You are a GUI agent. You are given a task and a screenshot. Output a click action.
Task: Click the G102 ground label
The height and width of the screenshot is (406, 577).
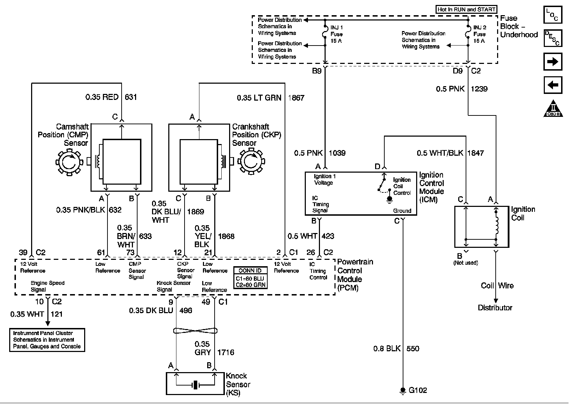click(418, 390)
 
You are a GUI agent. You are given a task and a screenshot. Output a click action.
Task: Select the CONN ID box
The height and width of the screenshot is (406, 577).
click(250, 277)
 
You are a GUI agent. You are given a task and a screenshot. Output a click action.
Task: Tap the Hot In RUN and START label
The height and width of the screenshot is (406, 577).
click(466, 10)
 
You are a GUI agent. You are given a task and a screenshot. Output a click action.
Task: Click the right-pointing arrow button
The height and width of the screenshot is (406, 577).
click(553, 62)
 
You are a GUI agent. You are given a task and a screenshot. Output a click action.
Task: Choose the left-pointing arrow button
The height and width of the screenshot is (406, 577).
click(553, 85)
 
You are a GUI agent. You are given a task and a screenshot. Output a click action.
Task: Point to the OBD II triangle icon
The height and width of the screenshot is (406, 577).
click(553, 109)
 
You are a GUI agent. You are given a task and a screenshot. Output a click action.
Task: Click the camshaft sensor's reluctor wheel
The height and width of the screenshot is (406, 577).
click(69, 162)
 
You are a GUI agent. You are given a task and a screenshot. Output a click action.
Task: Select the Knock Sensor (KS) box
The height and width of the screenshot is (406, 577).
click(195, 383)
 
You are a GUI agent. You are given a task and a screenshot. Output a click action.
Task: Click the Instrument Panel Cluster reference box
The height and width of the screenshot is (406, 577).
click(47, 340)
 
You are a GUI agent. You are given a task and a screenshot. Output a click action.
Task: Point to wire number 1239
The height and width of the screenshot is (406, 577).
click(479, 89)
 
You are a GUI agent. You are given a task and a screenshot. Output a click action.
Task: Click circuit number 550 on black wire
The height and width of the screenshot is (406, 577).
click(413, 349)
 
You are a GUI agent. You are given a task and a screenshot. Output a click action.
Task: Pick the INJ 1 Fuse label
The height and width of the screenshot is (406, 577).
click(336, 34)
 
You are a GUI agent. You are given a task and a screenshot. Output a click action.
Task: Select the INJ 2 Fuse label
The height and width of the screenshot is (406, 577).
click(479, 34)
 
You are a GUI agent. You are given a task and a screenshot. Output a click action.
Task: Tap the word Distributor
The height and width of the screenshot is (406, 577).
click(495, 308)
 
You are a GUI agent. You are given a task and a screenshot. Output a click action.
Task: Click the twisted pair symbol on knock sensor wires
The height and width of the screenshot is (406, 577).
click(195, 331)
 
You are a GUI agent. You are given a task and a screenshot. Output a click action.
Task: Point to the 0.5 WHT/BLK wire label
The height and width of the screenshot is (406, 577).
click(440, 153)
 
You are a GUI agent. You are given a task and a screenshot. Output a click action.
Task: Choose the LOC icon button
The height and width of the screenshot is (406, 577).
click(553, 15)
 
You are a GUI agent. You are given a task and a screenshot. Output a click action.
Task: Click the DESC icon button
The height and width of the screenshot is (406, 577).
click(553, 38)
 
